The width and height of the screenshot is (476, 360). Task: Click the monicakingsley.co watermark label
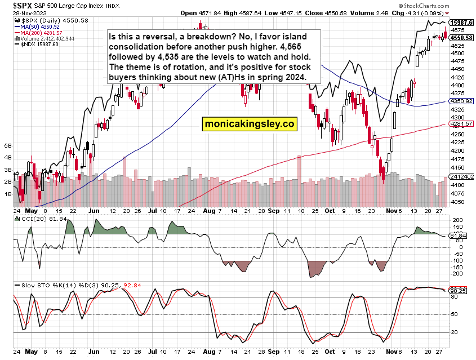[x=249, y=123]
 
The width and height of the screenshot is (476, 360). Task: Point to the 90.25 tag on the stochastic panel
[x=460, y=291]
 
